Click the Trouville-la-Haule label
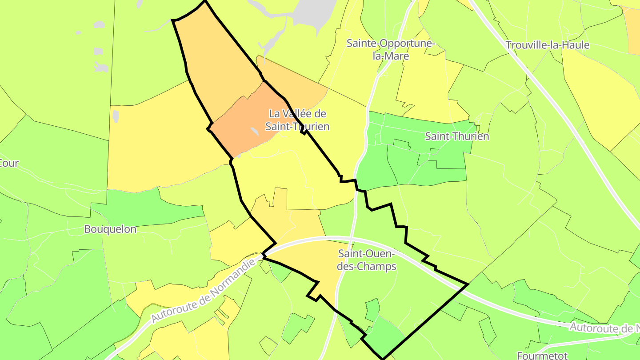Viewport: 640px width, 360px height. point(548,45)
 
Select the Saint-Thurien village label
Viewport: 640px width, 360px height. point(457,136)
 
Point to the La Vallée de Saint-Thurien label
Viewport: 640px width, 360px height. point(297,120)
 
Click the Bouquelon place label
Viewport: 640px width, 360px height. point(110,229)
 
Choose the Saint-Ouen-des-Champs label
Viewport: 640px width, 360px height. point(367,260)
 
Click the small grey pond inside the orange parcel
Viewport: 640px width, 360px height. point(255,132)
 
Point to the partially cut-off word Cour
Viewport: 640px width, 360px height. point(9,163)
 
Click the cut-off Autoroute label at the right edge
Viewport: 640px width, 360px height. point(604,328)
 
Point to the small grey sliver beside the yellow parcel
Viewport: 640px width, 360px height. point(116,116)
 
